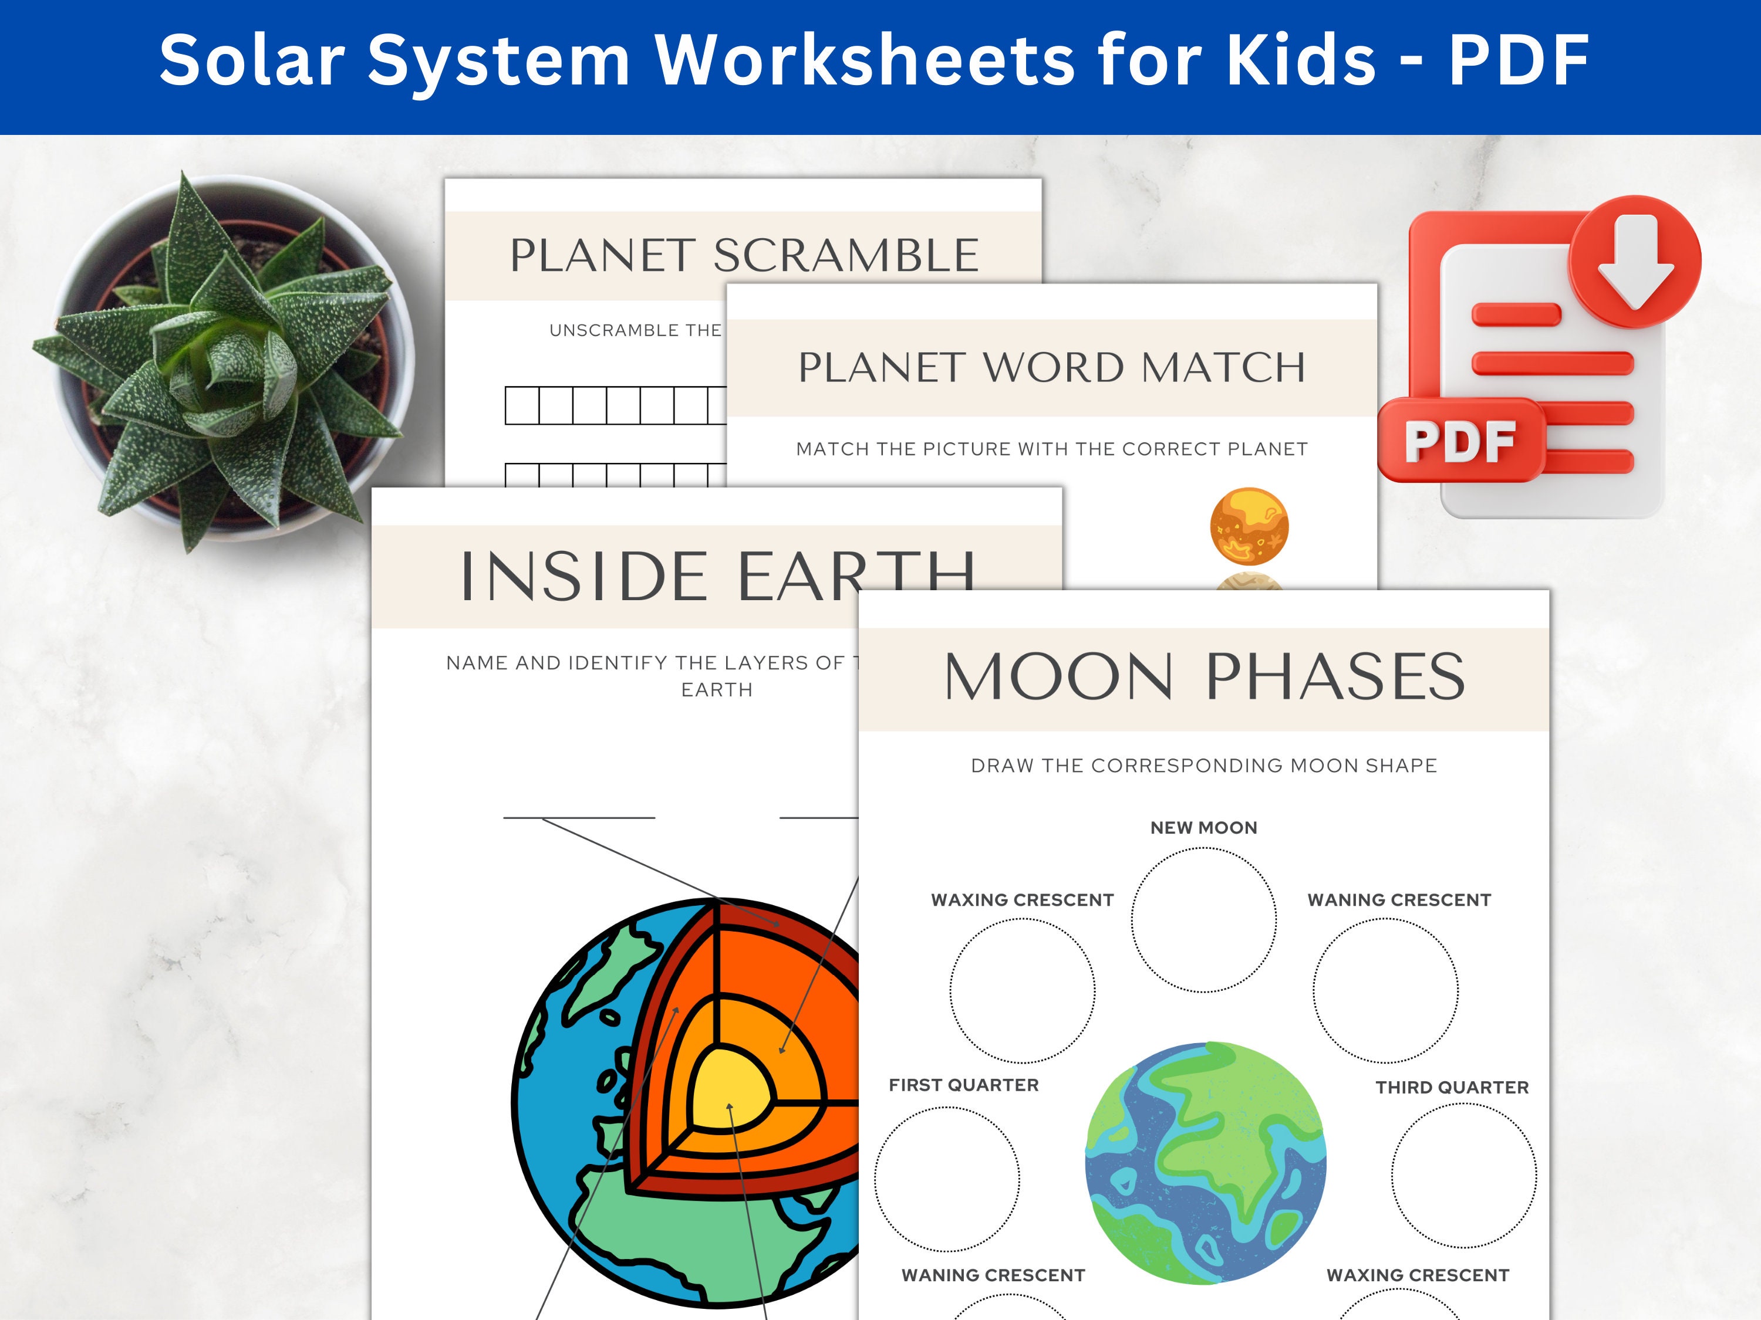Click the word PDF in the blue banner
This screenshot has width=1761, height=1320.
pyautogui.click(x=1519, y=60)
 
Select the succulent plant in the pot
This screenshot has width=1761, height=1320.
pyautogui.click(x=223, y=358)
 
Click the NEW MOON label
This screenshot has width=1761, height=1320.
pyautogui.click(x=1204, y=827)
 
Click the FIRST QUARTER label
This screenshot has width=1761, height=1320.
pyautogui.click(x=963, y=1085)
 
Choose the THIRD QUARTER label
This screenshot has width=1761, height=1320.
pyautogui.click(x=1452, y=1088)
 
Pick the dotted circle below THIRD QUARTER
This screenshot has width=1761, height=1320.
pyautogui.click(x=1464, y=1175)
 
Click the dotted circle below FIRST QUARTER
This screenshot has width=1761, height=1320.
pyautogui.click(x=947, y=1179)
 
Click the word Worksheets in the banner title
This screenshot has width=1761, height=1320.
pyautogui.click(x=865, y=60)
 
